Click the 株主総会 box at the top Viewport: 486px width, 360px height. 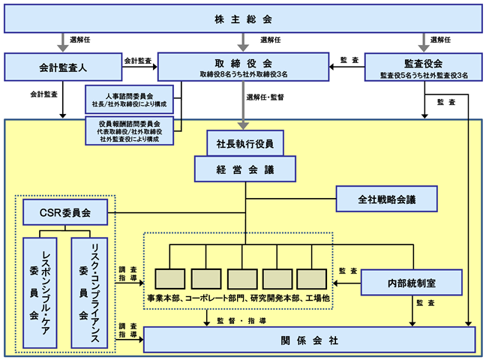(x=243, y=19)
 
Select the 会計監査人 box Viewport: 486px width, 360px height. (x=63, y=67)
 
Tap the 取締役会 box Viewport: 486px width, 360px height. (x=243, y=67)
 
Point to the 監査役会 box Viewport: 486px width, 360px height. (x=424, y=67)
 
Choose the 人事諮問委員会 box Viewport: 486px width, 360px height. (x=129, y=100)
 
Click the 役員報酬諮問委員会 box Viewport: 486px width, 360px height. (x=129, y=130)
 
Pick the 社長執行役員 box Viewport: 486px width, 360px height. (x=245, y=143)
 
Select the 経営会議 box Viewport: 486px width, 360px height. (x=245, y=169)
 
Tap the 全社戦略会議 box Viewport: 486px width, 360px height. (x=387, y=199)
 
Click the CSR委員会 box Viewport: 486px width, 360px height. (x=65, y=212)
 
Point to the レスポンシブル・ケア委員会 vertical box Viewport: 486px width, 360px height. (x=40, y=293)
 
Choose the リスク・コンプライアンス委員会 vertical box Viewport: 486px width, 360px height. (x=89, y=293)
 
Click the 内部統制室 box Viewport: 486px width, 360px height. (x=412, y=283)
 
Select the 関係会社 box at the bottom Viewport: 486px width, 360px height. (x=309, y=340)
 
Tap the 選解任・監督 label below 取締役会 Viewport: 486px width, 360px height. (x=265, y=97)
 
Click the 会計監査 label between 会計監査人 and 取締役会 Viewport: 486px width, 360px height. (x=138, y=61)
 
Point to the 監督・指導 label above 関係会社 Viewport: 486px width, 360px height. (x=241, y=320)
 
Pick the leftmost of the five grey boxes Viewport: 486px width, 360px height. (x=169, y=279)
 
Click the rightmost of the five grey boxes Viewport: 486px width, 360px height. (x=312, y=279)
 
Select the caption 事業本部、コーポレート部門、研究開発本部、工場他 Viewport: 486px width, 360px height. (x=238, y=298)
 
